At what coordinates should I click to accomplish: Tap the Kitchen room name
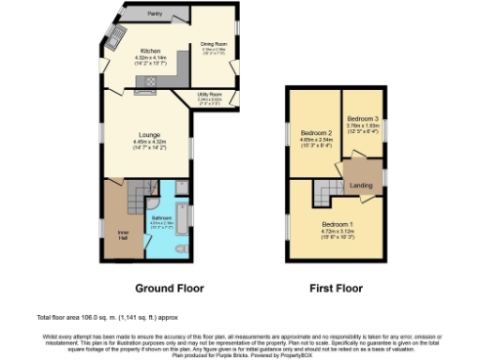(151, 51)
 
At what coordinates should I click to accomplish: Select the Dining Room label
(215, 43)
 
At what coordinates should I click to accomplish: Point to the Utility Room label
(209, 95)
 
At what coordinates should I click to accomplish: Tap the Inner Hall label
(123, 233)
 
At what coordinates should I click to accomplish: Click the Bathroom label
(162, 217)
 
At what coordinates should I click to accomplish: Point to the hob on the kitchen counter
(146, 92)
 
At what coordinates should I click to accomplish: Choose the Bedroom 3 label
(363, 119)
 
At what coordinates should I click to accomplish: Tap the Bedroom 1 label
(337, 225)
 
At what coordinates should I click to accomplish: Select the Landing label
(360, 185)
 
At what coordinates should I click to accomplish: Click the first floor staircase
(323, 194)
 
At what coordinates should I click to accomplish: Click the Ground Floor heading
(172, 287)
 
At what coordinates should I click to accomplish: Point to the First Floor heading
(335, 287)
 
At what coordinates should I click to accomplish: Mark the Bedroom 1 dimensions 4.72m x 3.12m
(337, 232)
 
